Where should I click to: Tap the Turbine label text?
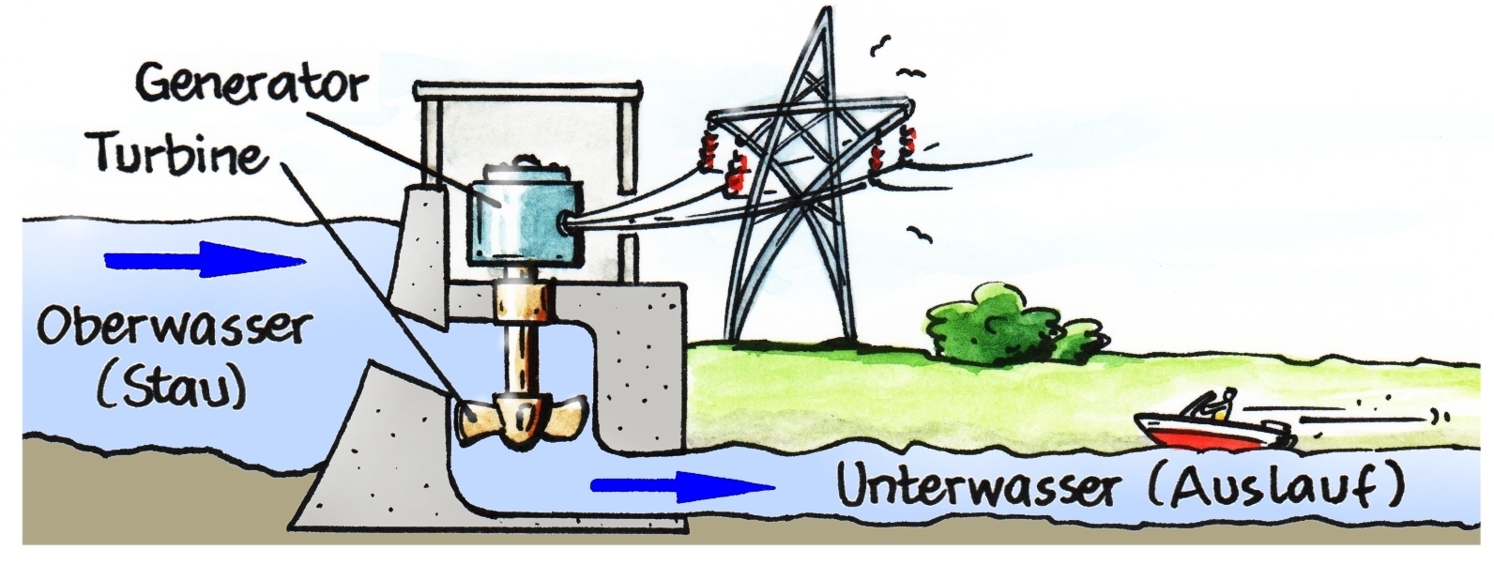pyautogui.click(x=178, y=153)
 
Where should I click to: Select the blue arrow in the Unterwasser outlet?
pyautogui.click(x=681, y=485)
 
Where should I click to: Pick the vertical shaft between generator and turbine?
pyautogui.click(x=517, y=338)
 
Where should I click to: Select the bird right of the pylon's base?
pyautogui.click(x=921, y=235)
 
